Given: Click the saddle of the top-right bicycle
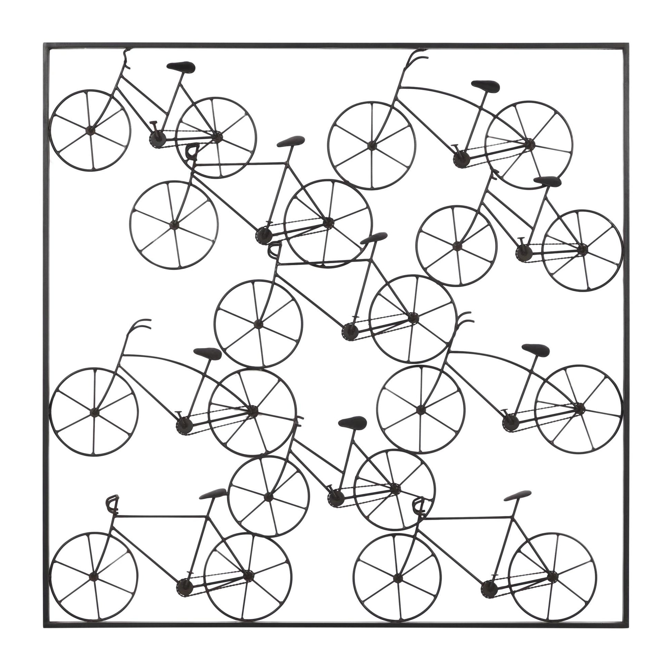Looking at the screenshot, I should pos(486,86).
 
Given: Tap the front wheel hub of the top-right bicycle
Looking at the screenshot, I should pos(371,146).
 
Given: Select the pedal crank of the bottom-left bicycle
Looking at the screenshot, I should pos(184,587).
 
